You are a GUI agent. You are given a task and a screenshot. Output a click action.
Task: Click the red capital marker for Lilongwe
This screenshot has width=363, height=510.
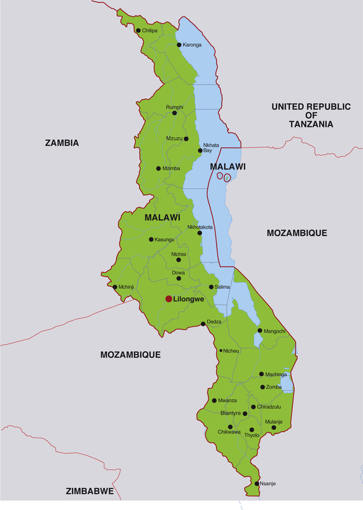point(168,299)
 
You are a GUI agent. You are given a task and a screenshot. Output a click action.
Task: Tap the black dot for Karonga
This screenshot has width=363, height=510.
point(179,45)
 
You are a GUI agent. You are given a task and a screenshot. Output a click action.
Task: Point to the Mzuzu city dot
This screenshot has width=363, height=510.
point(186,139)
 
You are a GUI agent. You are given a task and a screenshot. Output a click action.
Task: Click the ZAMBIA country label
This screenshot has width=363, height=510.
point(62,143)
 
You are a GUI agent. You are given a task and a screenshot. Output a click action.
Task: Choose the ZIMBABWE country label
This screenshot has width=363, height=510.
point(89,491)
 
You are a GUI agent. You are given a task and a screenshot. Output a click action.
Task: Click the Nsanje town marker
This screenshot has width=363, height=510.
point(257,483)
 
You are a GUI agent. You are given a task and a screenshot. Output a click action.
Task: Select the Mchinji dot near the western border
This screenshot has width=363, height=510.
point(115,287)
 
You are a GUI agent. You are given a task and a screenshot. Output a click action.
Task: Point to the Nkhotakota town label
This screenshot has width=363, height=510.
point(200,227)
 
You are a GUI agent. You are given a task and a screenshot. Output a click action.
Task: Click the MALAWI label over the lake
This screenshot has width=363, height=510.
point(228,166)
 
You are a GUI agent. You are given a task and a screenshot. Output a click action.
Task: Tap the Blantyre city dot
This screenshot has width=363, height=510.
point(245,413)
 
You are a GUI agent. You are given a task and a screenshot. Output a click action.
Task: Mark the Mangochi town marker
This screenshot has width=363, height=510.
point(260,330)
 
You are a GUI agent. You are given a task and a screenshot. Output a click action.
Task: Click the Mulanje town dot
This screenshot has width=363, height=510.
point(274,427)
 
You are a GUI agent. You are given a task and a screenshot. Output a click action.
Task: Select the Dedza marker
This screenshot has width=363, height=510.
point(202,323)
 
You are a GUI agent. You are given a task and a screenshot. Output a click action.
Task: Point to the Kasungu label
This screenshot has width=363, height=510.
point(164,240)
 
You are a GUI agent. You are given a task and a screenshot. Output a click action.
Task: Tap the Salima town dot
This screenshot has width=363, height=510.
point(211,287)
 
